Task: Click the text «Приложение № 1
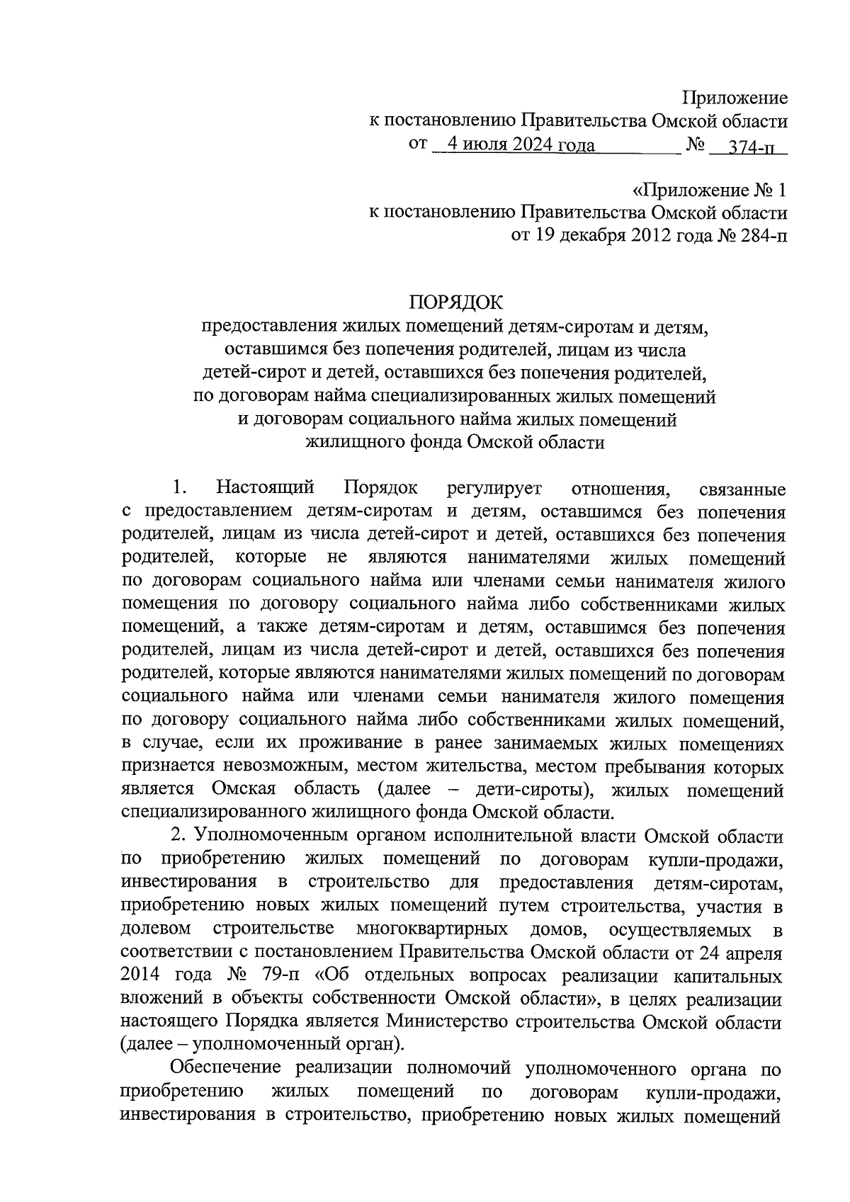coord(709,190)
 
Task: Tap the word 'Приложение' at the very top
coord(735,98)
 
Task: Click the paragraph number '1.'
coord(178,488)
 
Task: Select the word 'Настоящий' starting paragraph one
coord(266,488)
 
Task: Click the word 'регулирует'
coord(494,488)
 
